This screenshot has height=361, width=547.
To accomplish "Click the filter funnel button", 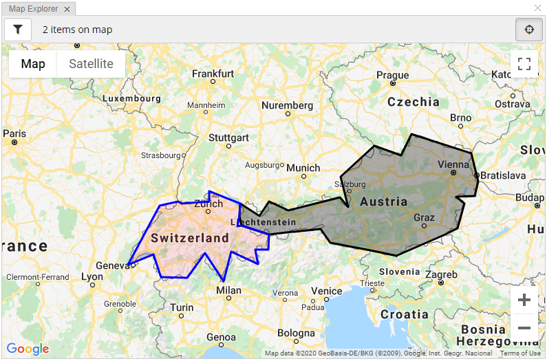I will [18, 30].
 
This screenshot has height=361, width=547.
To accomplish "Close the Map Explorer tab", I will [67, 8].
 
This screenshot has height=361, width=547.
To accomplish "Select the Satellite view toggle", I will [91, 64].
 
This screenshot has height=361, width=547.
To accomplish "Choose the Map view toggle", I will [33, 64].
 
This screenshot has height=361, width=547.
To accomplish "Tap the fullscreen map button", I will [524, 65].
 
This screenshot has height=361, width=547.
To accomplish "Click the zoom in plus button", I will [524, 300].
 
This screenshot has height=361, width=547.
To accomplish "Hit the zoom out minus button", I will [524, 328].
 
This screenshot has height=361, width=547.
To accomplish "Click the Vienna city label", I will [453, 164].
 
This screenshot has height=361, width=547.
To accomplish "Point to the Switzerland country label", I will [189, 238].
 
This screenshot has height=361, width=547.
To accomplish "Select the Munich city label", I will [303, 168].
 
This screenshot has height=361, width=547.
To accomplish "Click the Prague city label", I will [392, 76].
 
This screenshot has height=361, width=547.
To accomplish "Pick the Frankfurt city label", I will [213, 74].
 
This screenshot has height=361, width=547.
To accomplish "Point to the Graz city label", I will [424, 217].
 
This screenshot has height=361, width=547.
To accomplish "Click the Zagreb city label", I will [441, 275].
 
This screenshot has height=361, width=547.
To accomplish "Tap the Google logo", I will [28, 349].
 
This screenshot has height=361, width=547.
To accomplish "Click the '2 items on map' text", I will [77, 30].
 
